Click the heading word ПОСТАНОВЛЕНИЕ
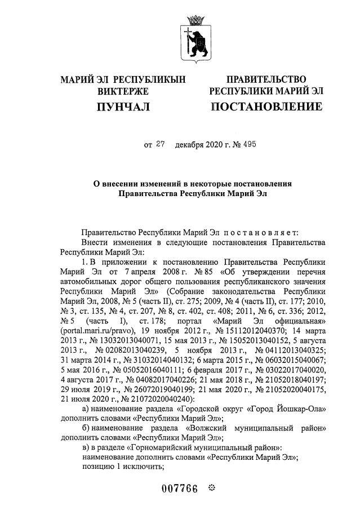click(x=266, y=107)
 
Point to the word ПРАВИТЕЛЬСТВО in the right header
click(x=266, y=79)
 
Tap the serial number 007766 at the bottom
click(x=179, y=489)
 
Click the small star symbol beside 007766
click(x=212, y=487)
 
